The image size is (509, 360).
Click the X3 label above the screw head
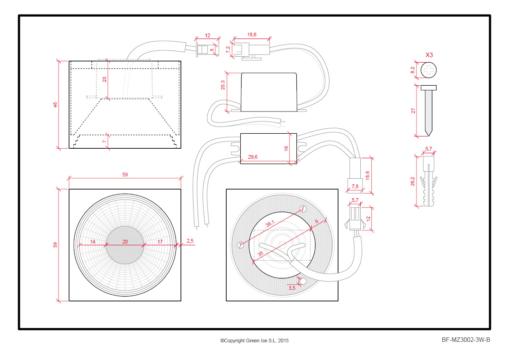click(x=429, y=55)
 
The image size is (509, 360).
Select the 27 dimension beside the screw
click(x=413, y=111)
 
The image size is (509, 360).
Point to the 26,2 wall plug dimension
click(x=413, y=181)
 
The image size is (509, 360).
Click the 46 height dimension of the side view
click(x=55, y=105)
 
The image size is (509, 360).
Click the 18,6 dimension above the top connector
click(x=252, y=34)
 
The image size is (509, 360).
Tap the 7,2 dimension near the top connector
click(x=228, y=49)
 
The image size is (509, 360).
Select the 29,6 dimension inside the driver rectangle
click(x=253, y=157)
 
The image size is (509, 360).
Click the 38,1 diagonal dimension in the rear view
click(x=270, y=223)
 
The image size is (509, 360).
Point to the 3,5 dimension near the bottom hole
click(x=292, y=287)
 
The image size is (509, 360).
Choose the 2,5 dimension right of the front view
click(x=189, y=241)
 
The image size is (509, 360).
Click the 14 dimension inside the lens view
click(x=92, y=242)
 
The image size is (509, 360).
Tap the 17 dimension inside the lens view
click(x=160, y=242)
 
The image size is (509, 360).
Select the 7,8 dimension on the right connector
click(x=355, y=186)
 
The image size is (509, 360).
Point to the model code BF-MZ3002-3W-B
click(x=466, y=340)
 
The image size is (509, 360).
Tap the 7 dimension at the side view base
click(x=104, y=142)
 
